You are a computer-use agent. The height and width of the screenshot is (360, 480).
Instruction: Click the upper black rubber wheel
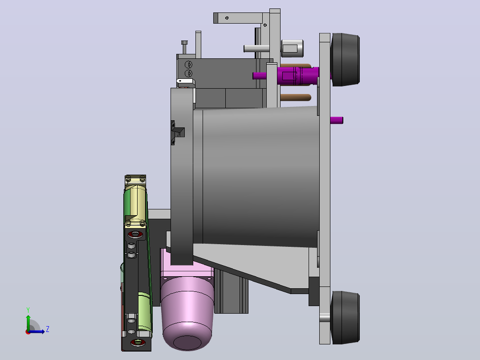click(346, 59)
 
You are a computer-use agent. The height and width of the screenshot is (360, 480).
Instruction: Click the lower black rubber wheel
click(346, 317)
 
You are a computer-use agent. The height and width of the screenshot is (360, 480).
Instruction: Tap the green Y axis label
click(28, 310)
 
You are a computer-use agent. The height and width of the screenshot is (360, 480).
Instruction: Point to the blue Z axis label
click(48, 329)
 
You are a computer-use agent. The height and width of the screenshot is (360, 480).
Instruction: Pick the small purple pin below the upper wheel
click(337, 120)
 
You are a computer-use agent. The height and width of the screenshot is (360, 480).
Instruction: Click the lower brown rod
click(296, 98)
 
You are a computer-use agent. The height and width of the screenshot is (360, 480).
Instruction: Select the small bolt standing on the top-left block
click(184, 47)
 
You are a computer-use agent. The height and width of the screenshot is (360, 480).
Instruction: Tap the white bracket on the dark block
click(186, 82)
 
